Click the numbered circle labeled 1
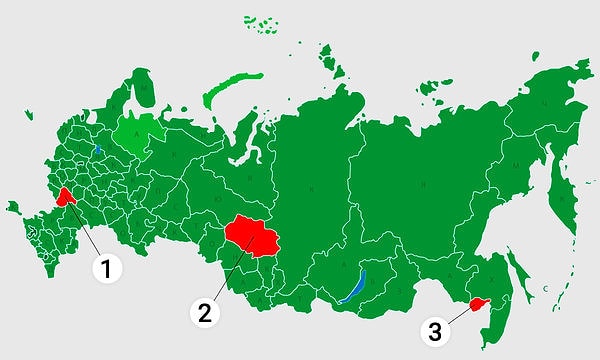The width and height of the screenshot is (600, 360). pos(106,267)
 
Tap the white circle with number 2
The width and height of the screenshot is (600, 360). pos(206,311)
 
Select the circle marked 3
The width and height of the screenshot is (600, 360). pos(433,331)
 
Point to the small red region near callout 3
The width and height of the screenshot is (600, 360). pos(478,303)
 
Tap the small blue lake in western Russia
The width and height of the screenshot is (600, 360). pos(97,150)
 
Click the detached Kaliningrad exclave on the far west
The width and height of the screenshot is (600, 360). pos(12,208)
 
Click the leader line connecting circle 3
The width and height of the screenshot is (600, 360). pos(456,316)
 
